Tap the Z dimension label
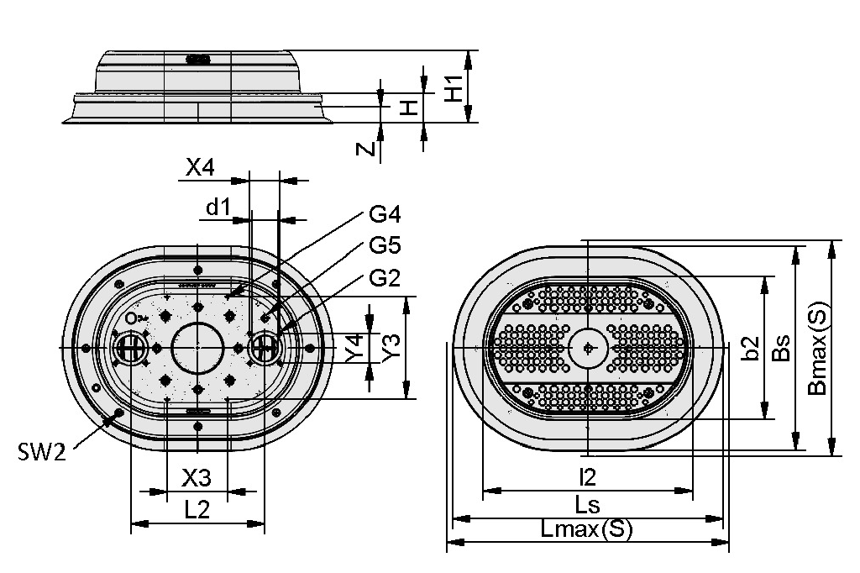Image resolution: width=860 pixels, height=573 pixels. click(x=365, y=149)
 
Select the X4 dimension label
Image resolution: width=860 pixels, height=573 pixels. click(x=200, y=167)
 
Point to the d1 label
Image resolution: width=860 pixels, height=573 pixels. click(x=218, y=208)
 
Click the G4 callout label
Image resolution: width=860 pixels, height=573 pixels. click(x=385, y=214)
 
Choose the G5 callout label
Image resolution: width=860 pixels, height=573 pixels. click(x=385, y=245)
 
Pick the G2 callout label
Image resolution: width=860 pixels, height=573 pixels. click(x=385, y=278)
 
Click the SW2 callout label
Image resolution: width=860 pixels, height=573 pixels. click(x=42, y=452)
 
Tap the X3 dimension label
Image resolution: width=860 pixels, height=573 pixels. click(x=197, y=478)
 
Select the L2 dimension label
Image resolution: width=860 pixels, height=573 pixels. click(x=197, y=511)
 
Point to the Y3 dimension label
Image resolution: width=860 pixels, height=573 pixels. click(x=391, y=348)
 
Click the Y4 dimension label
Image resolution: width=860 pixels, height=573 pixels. click(x=355, y=348)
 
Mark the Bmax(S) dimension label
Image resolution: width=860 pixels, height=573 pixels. click(x=817, y=348)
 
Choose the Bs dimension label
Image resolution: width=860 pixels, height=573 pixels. click(x=781, y=348)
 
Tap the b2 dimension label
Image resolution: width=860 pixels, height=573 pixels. click(x=750, y=348)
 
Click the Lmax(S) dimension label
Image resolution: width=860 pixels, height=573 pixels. click(x=586, y=529)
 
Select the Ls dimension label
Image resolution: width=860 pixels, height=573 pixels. click(x=587, y=504)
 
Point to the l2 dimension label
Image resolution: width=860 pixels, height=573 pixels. click(x=588, y=477)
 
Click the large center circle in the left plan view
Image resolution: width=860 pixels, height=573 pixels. click(x=197, y=323)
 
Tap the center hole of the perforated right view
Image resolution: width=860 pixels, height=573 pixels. click(x=588, y=348)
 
